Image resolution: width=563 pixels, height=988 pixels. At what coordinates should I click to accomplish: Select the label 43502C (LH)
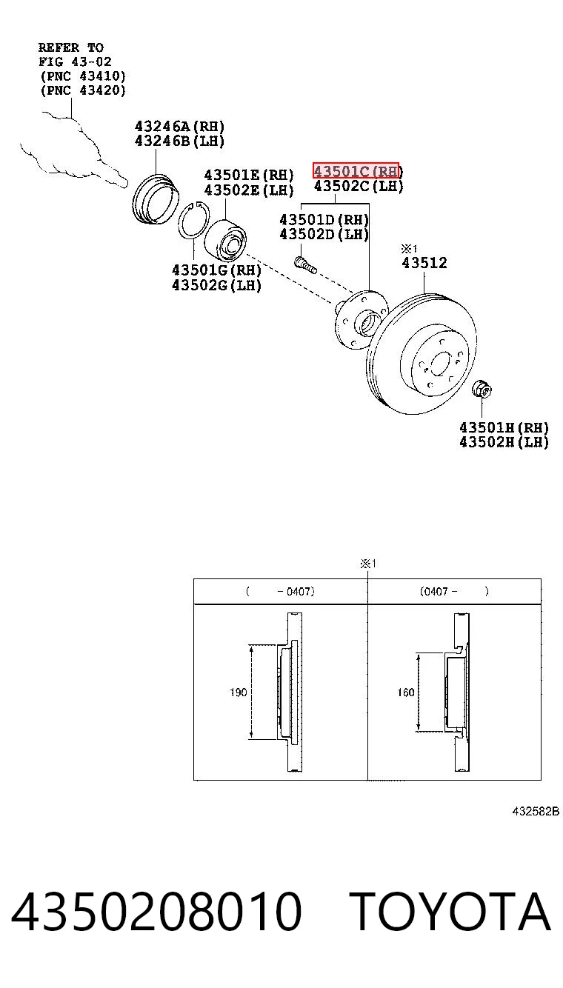point(359,186)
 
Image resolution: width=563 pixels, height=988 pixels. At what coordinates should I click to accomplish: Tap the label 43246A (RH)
point(179,127)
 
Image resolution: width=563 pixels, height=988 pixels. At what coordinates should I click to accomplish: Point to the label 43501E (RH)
point(248,175)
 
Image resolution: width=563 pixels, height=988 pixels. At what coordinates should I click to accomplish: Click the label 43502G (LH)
point(216,285)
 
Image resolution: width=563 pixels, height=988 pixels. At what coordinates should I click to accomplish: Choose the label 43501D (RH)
point(324,219)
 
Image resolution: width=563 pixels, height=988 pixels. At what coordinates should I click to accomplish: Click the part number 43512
point(424,263)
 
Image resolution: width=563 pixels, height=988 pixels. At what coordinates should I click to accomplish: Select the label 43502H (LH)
point(504,442)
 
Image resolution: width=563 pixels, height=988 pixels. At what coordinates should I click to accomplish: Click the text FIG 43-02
point(75,61)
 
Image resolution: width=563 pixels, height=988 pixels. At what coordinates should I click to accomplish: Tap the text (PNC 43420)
point(83,90)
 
